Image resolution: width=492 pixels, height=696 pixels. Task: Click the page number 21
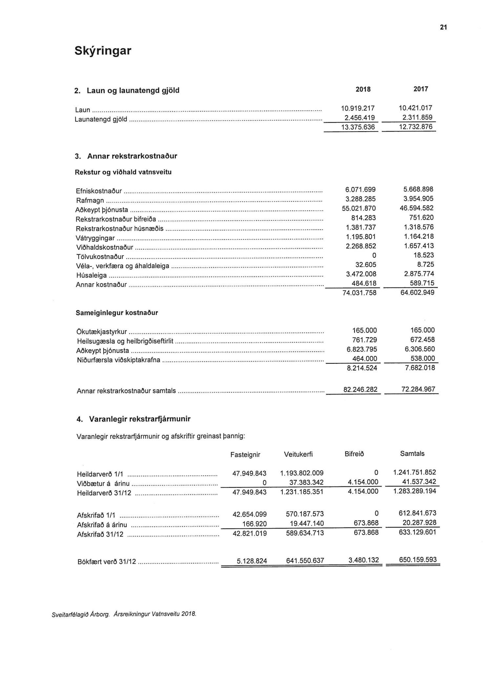[443, 28]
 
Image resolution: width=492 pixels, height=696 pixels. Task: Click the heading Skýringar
[103, 51]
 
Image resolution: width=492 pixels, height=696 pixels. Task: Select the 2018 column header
[363, 89]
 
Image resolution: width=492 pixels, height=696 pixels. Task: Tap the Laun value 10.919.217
[358, 108]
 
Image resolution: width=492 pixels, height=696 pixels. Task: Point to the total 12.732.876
[416, 127]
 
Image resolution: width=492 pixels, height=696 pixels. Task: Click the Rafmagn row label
[90, 201]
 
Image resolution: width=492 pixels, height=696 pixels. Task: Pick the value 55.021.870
[359, 209]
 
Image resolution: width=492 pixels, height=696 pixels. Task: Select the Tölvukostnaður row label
[100, 256]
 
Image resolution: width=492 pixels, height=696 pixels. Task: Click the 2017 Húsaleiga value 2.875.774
[419, 274]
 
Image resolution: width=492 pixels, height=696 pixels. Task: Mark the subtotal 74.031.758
[359, 293]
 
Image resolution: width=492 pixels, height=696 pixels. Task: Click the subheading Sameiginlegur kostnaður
[117, 313]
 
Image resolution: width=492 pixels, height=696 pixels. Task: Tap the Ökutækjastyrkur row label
[102, 332]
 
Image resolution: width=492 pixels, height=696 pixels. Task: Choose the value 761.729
[364, 340]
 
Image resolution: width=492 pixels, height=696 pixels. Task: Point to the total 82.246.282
[360, 390]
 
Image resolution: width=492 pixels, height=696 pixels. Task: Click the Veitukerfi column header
[298, 454]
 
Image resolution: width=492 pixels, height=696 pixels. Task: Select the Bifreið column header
[354, 454]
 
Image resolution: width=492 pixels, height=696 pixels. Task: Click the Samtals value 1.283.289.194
[415, 491]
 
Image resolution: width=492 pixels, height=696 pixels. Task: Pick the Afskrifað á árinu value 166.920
[254, 524]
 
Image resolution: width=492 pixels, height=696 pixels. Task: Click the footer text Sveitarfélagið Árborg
[80, 614]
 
